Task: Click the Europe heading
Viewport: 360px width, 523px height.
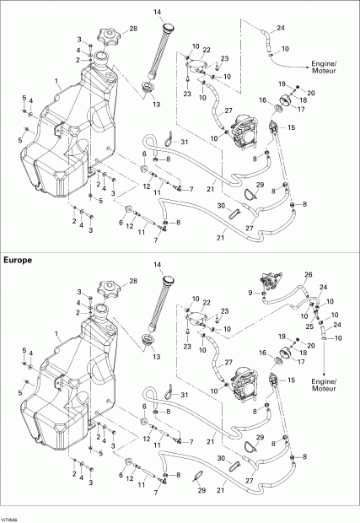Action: (x=19, y=261)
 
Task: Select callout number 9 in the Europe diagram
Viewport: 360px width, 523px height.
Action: (x=250, y=293)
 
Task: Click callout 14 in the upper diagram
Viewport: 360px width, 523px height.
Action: (x=157, y=11)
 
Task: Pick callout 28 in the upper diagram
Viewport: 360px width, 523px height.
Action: (x=133, y=30)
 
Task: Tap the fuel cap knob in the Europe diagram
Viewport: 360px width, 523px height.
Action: (x=108, y=294)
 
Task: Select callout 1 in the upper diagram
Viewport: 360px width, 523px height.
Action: (x=56, y=82)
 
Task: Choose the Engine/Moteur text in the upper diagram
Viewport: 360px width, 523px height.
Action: (x=324, y=67)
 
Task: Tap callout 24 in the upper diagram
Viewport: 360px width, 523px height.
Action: (x=280, y=27)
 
